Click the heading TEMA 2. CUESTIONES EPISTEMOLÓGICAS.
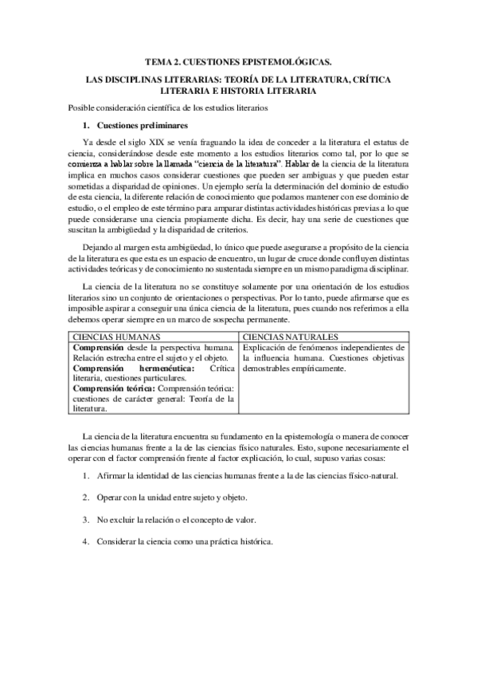(238, 60)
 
